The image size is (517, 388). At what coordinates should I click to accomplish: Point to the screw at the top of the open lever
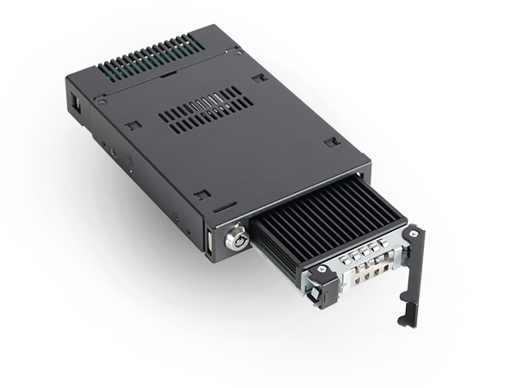pos(414,235)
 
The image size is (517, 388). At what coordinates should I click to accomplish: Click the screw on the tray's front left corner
pos(321,272)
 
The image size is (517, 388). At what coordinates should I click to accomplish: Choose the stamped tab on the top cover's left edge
pos(130,126)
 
